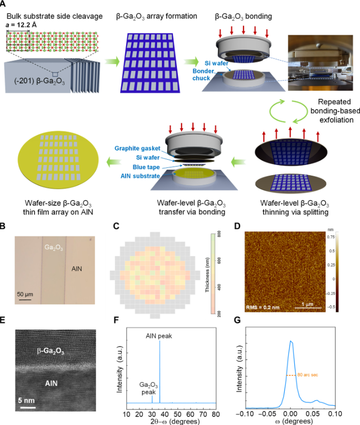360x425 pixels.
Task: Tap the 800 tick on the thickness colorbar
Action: (213, 233)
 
